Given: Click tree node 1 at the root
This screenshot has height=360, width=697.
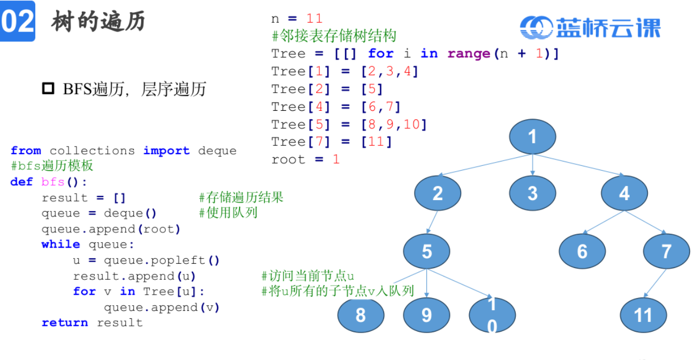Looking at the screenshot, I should (x=532, y=137).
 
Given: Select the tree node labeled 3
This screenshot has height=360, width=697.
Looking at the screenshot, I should (x=532, y=193).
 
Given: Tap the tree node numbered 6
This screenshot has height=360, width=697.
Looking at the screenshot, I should (x=582, y=251).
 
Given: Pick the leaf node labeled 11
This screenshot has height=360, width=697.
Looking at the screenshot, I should (x=643, y=315).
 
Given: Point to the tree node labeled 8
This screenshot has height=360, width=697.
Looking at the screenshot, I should (x=361, y=315).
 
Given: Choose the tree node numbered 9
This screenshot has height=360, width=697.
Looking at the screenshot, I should (x=426, y=315).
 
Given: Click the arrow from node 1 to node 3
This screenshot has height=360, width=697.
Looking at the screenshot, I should (x=532, y=165).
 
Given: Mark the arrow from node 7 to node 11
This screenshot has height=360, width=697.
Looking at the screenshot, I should (x=656, y=283).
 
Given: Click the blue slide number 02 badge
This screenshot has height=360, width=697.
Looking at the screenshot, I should (x=18, y=21).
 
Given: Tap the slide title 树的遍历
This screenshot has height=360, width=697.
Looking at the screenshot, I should (x=98, y=22).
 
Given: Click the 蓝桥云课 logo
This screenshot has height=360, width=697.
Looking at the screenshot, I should (x=591, y=28).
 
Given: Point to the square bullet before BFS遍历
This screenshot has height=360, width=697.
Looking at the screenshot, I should (x=48, y=88).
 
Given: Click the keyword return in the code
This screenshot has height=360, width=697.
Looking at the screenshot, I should (x=65, y=323).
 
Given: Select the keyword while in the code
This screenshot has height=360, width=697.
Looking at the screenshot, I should (x=60, y=244).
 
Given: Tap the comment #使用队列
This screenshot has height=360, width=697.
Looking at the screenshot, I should (x=228, y=213).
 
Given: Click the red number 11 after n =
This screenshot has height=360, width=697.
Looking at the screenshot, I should (x=315, y=19).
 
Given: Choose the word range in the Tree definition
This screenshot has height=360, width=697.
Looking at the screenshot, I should (x=469, y=53).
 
